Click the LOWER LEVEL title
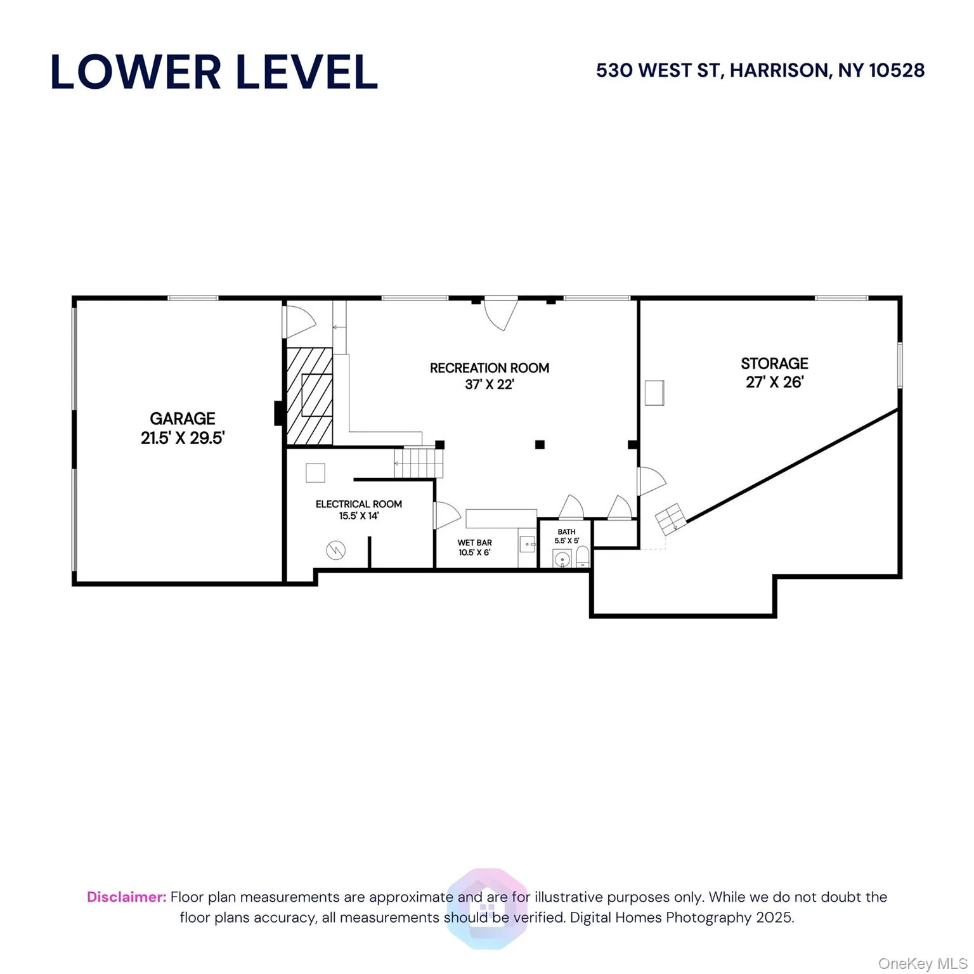point(214,72)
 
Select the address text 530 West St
point(760,70)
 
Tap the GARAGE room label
point(183,419)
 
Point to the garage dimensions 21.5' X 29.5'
point(183,438)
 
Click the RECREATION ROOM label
point(489,368)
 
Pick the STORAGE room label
point(774,363)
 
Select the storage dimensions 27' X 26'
point(774,382)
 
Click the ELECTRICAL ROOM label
point(358,504)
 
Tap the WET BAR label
point(474,543)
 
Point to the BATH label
point(566,532)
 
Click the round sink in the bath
point(562,559)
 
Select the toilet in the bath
point(582,557)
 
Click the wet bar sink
point(527,544)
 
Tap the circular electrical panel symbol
point(335,550)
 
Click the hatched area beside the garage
point(309,396)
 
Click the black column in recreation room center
point(540,445)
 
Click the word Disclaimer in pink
point(126,897)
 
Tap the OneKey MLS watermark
point(922,964)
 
